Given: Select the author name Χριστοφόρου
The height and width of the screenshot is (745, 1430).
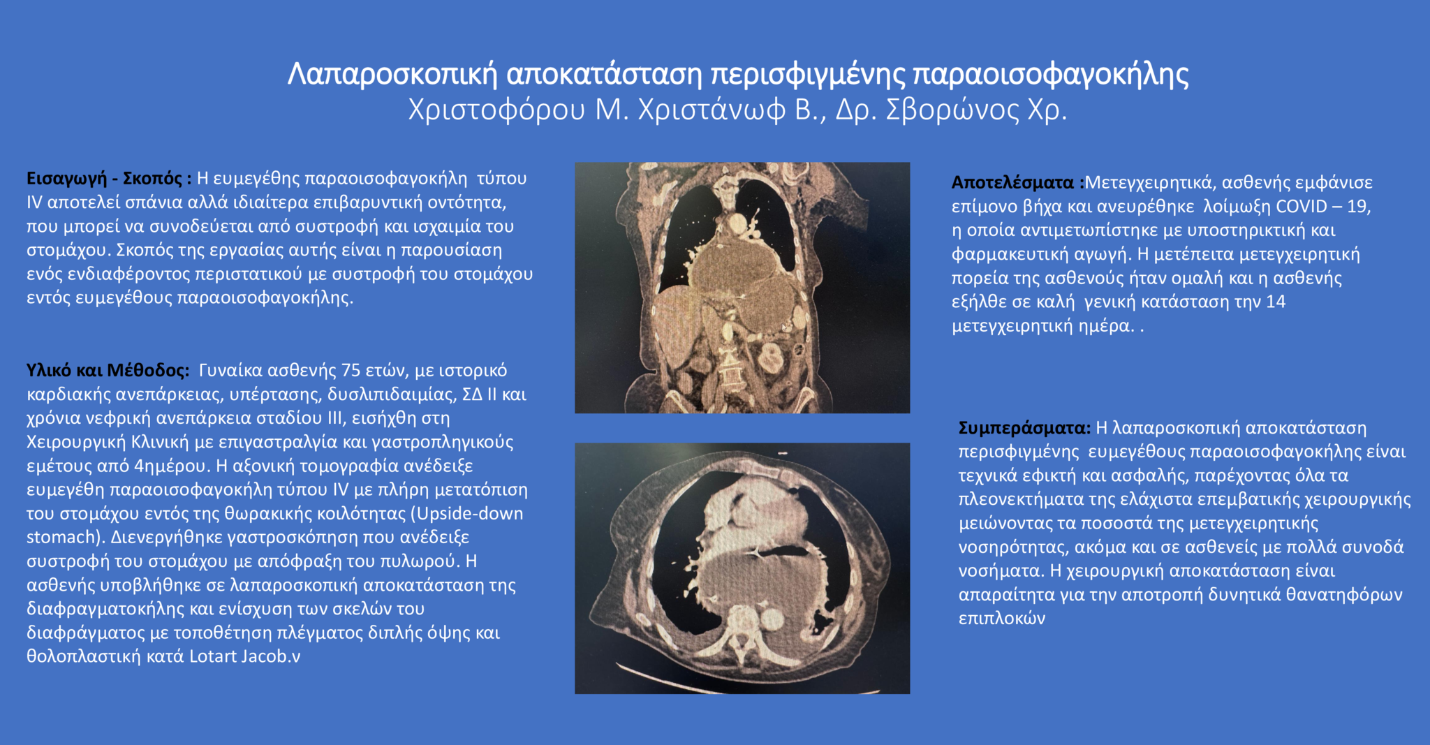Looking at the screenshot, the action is tap(496, 110).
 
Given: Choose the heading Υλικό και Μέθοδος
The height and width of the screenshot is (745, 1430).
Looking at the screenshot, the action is tap(108, 370).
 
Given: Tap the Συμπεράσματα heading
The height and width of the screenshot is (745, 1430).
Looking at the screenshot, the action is tap(1024, 428).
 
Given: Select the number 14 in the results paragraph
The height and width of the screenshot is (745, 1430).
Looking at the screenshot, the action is tap(1276, 302).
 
